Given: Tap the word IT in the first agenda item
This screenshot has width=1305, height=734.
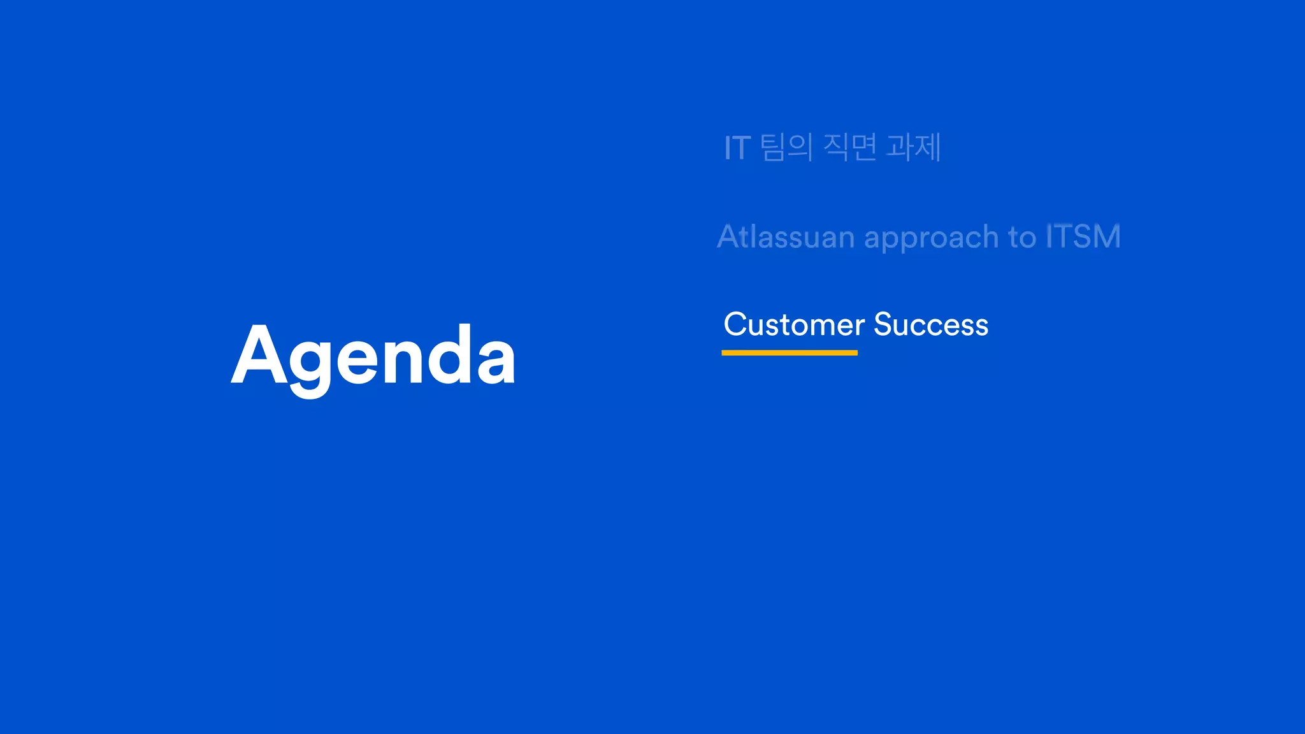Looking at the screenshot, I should (x=737, y=148).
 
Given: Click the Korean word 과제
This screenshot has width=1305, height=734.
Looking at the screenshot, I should (x=914, y=147).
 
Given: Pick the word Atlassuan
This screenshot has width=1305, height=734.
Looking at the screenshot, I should (x=785, y=237).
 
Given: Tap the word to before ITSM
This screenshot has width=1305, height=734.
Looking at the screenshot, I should (x=1022, y=237).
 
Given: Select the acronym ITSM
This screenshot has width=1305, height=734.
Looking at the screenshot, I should (x=1083, y=236).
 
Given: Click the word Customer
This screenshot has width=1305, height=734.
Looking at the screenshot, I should (x=793, y=324).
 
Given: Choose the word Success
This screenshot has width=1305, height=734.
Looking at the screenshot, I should (x=931, y=324).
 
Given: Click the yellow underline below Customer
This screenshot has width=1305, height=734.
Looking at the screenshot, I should (x=789, y=352).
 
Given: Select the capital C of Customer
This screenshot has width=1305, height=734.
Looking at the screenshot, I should (x=735, y=324).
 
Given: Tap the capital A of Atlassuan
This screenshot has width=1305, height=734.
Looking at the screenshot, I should (x=730, y=236).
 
